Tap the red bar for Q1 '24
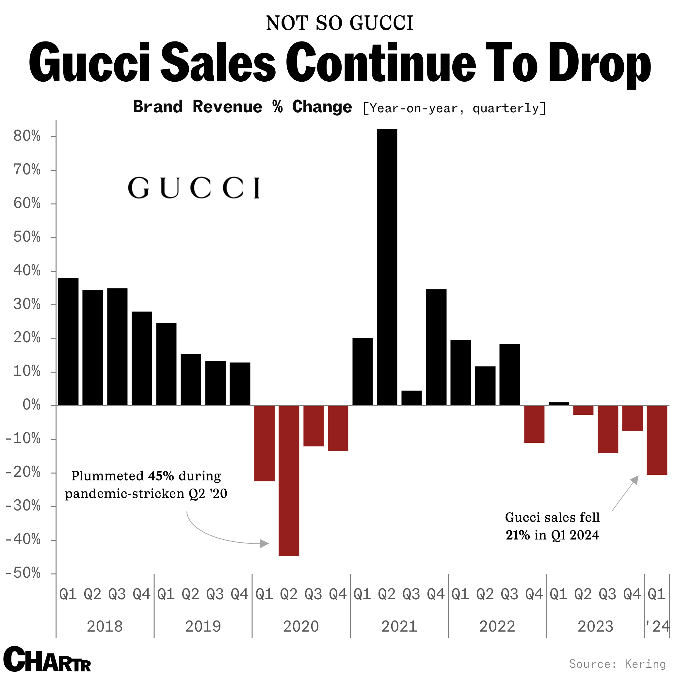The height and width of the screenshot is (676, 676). (x=657, y=440)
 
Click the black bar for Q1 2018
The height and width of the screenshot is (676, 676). (x=68, y=342)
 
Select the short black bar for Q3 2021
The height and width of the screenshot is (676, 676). (x=411, y=398)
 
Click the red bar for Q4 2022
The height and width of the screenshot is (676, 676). (x=534, y=424)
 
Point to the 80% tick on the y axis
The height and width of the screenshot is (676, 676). (x=53, y=137)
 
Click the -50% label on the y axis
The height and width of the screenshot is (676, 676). (x=24, y=573)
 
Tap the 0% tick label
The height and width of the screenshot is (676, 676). (x=31, y=405)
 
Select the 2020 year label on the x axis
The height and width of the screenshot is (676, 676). (x=301, y=626)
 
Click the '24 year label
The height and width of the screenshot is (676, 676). (x=657, y=626)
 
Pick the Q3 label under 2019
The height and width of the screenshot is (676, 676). (x=215, y=594)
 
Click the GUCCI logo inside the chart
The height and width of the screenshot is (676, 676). (x=194, y=188)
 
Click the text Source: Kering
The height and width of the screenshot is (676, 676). (x=617, y=664)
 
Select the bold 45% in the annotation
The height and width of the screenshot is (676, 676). (x=161, y=476)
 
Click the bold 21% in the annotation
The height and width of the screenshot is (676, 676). (x=518, y=535)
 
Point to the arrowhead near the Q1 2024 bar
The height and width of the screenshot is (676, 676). (x=635, y=480)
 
